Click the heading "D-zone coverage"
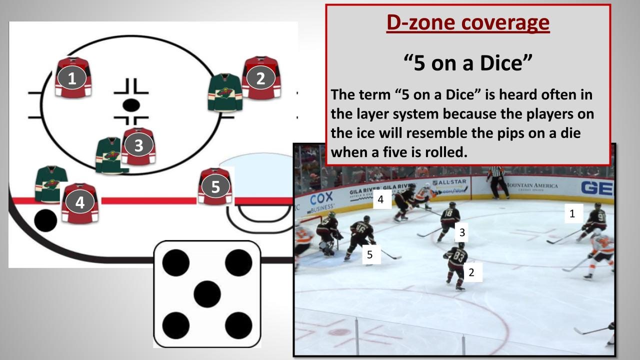468,23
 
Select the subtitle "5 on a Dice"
467,63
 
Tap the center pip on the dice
207,294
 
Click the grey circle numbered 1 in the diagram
72,78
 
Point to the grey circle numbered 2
260,78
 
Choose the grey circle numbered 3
138,145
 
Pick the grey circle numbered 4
79,202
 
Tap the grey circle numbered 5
215,186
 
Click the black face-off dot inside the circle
131,105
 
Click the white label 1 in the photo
572,213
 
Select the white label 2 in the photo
471,272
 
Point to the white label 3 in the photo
462,232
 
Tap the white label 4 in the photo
381,200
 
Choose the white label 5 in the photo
370,254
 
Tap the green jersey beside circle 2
225,92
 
